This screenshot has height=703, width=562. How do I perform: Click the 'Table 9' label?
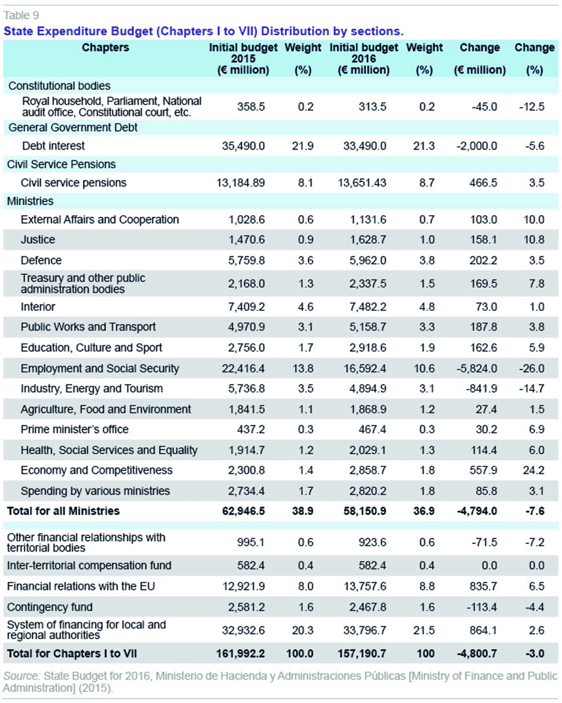[x=21, y=15]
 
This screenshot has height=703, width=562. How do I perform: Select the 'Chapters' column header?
[x=105, y=48]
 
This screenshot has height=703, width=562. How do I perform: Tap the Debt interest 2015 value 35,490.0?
[x=244, y=146]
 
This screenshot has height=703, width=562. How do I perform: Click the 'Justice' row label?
[x=38, y=240]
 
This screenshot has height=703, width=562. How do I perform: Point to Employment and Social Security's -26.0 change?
[x=532, y=368]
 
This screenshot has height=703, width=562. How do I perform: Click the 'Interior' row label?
[x=38, y=307]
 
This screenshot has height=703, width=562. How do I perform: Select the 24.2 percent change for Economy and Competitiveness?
[x=534, y=470]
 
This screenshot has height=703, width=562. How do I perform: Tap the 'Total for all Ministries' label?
[x=63, y=511]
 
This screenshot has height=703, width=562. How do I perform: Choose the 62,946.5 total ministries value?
[x=244, y=511]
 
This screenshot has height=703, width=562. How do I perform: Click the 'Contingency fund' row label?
[x=50, y=607]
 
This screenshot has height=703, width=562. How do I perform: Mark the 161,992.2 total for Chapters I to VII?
[x=241, y=653]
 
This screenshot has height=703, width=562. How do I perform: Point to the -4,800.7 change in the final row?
[x=477, y=653]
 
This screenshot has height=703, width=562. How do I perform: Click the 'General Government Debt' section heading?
[x=73, y=128]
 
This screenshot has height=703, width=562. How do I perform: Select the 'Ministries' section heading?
[x=30, y=201]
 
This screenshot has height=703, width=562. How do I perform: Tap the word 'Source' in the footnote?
[x=20, y=676]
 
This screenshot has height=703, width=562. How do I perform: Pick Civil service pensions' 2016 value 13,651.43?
[x=362, y=183]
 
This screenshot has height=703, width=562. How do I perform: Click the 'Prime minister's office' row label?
[x=74, y=429]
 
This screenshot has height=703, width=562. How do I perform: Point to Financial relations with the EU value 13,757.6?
[x=365, y=586]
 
